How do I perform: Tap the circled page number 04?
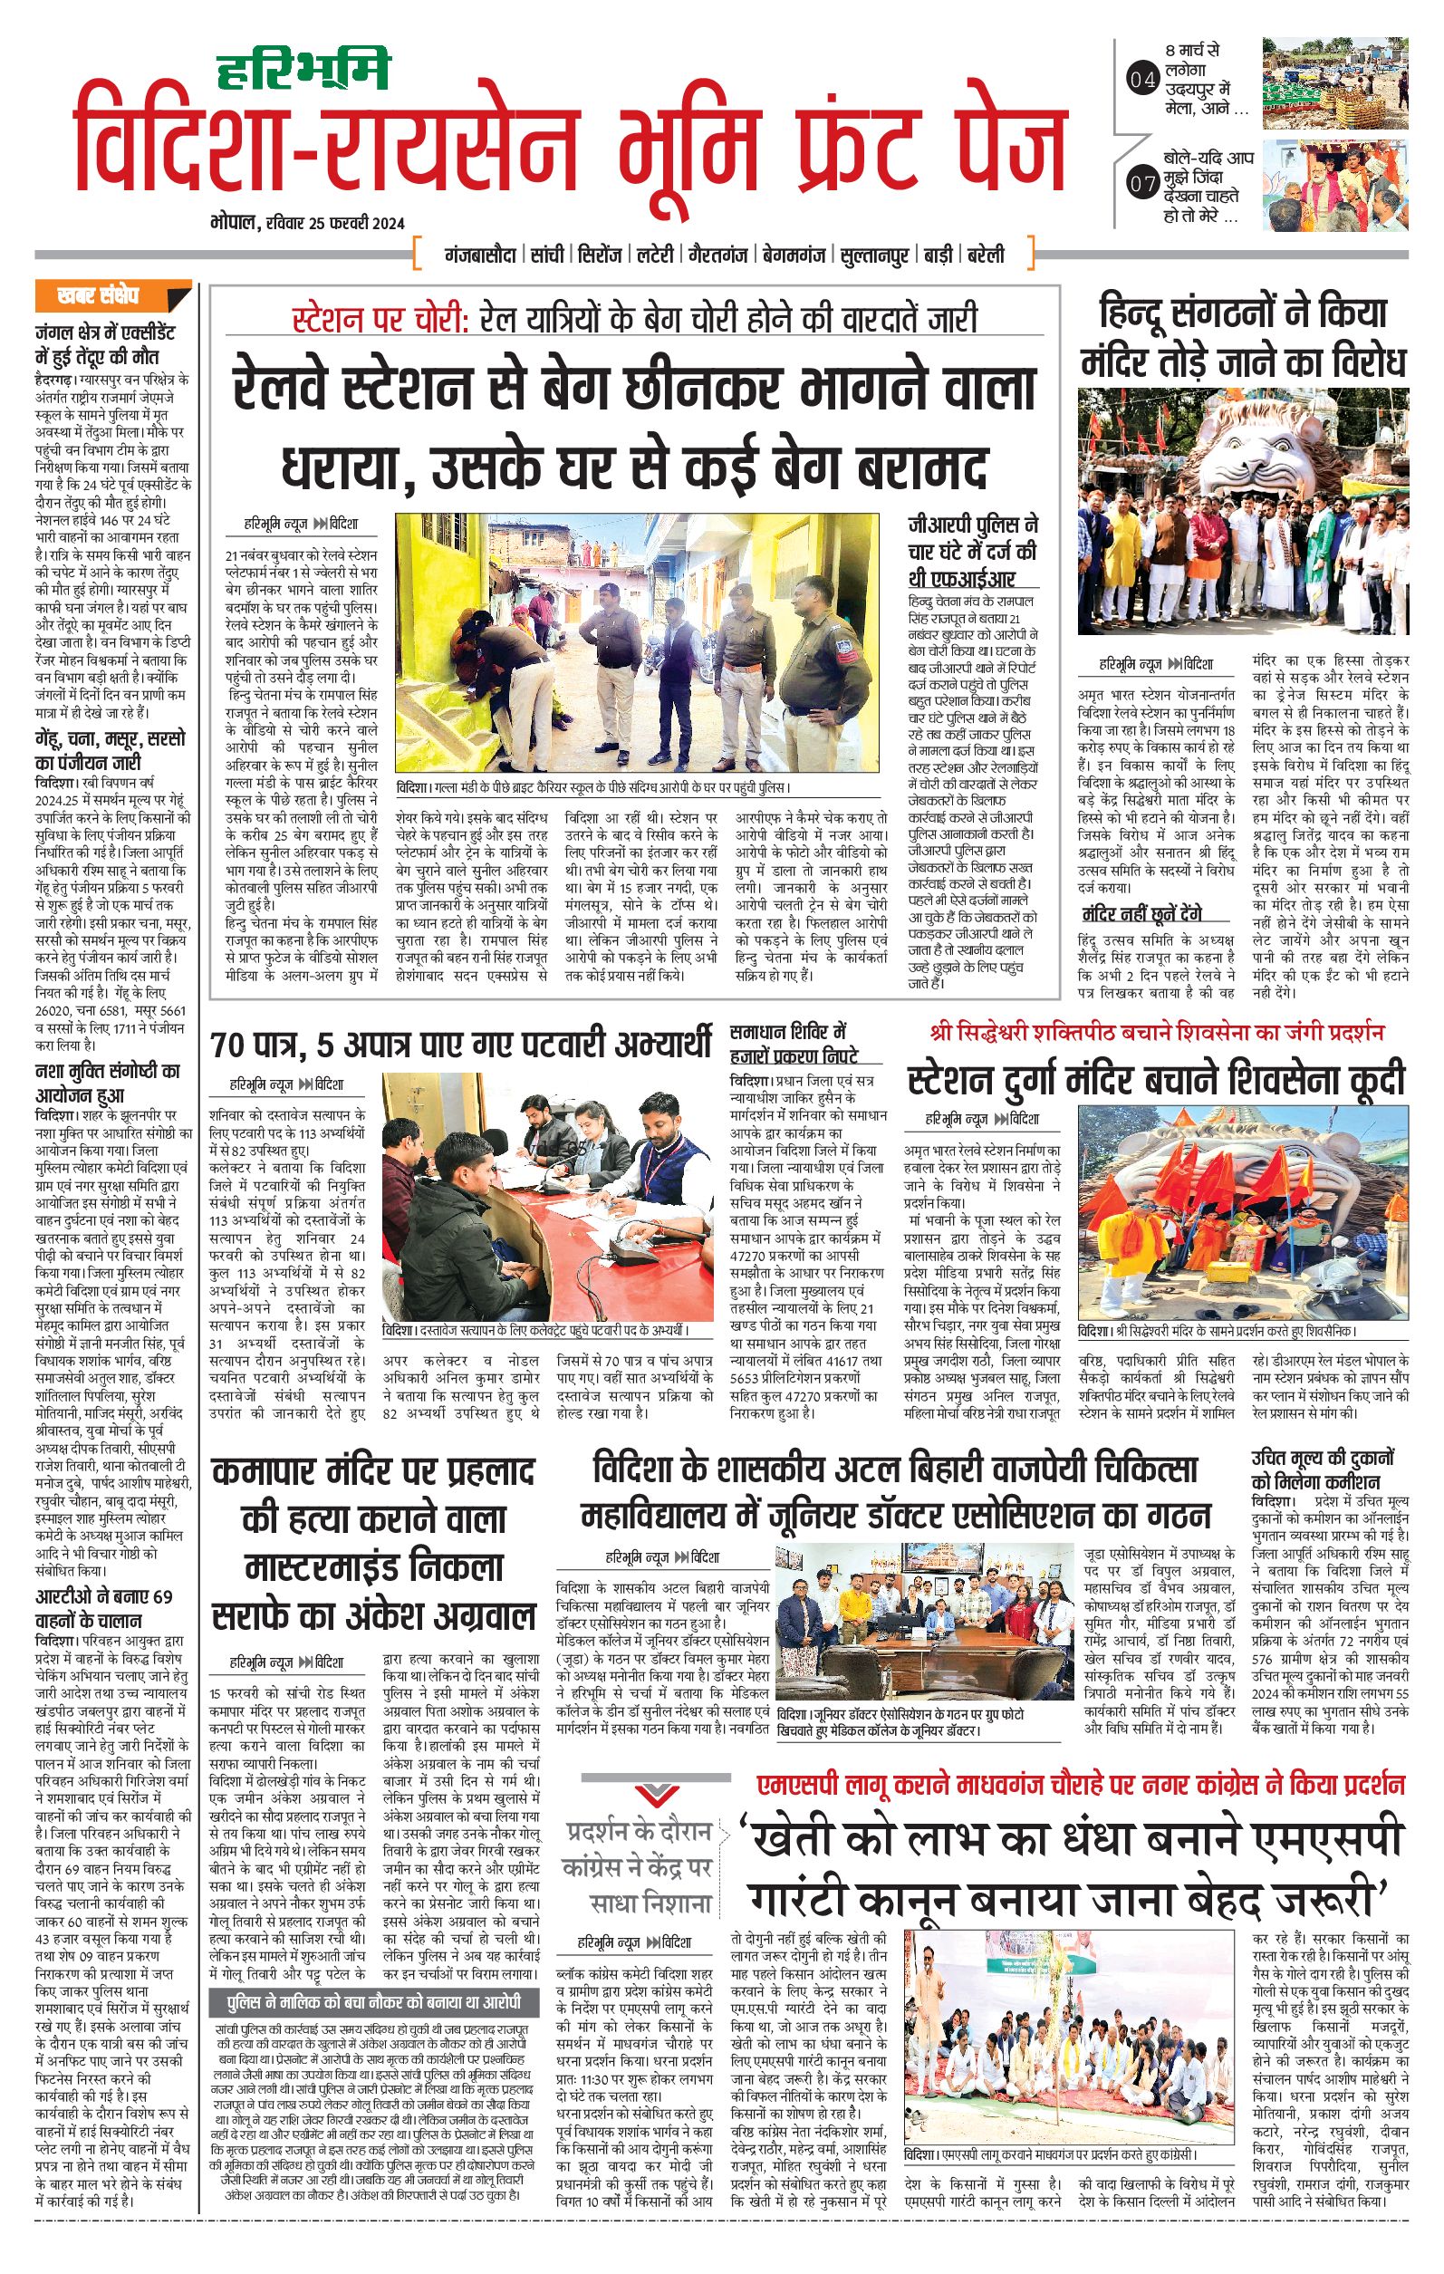(1141, 81)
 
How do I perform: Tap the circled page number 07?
(1141, 183)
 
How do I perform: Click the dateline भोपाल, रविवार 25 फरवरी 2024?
(308, 223)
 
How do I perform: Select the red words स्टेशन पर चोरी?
(380, 319)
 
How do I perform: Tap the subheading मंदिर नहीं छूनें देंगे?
(1141, 914)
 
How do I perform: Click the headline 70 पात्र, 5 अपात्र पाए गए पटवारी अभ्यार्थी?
(461, 1046)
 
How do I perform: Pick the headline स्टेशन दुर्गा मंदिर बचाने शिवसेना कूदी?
(1156, 1079)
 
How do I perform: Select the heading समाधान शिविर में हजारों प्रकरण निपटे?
(793, 1043)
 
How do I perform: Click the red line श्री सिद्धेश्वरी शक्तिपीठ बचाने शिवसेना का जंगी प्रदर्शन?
(1156, 1031)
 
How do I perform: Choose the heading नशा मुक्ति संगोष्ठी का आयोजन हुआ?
(107, 1084)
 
